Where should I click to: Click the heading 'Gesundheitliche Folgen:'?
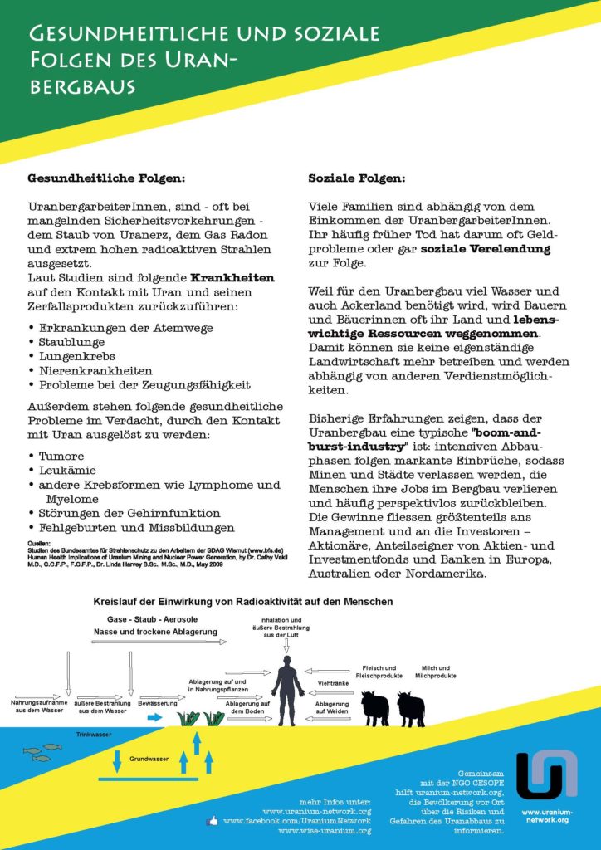(106, 178)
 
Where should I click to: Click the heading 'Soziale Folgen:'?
(357, 178)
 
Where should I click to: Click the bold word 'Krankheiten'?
(232, 277)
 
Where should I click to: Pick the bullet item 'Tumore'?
(62, 456)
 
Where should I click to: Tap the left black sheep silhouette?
(375, 708)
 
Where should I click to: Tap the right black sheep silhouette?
(411, 708)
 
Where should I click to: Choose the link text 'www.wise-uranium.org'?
(325, 829)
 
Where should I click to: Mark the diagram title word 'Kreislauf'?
(117, 600)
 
